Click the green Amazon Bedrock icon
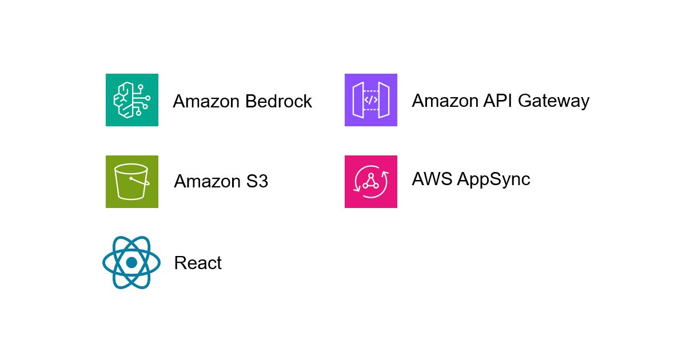coord(132,100)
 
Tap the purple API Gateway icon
coord(371,100)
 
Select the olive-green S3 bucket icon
coord(132,182)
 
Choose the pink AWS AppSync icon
coord(371,182)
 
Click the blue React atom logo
coord(131,262)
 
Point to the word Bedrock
coord(278,101)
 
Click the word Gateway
coord(553,101)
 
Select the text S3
coord(257,181)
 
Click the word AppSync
coord(494,179)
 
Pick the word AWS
coord(433,179)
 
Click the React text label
coord(198,263)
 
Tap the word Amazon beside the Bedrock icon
coord(206,101)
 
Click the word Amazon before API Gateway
coord(445,101)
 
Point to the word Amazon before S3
coord(208,181)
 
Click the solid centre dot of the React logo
coord(131,262)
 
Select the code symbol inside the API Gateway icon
coord(371,100)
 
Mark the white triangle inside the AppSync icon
coord(370,181)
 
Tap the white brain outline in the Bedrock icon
coord(125,100)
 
